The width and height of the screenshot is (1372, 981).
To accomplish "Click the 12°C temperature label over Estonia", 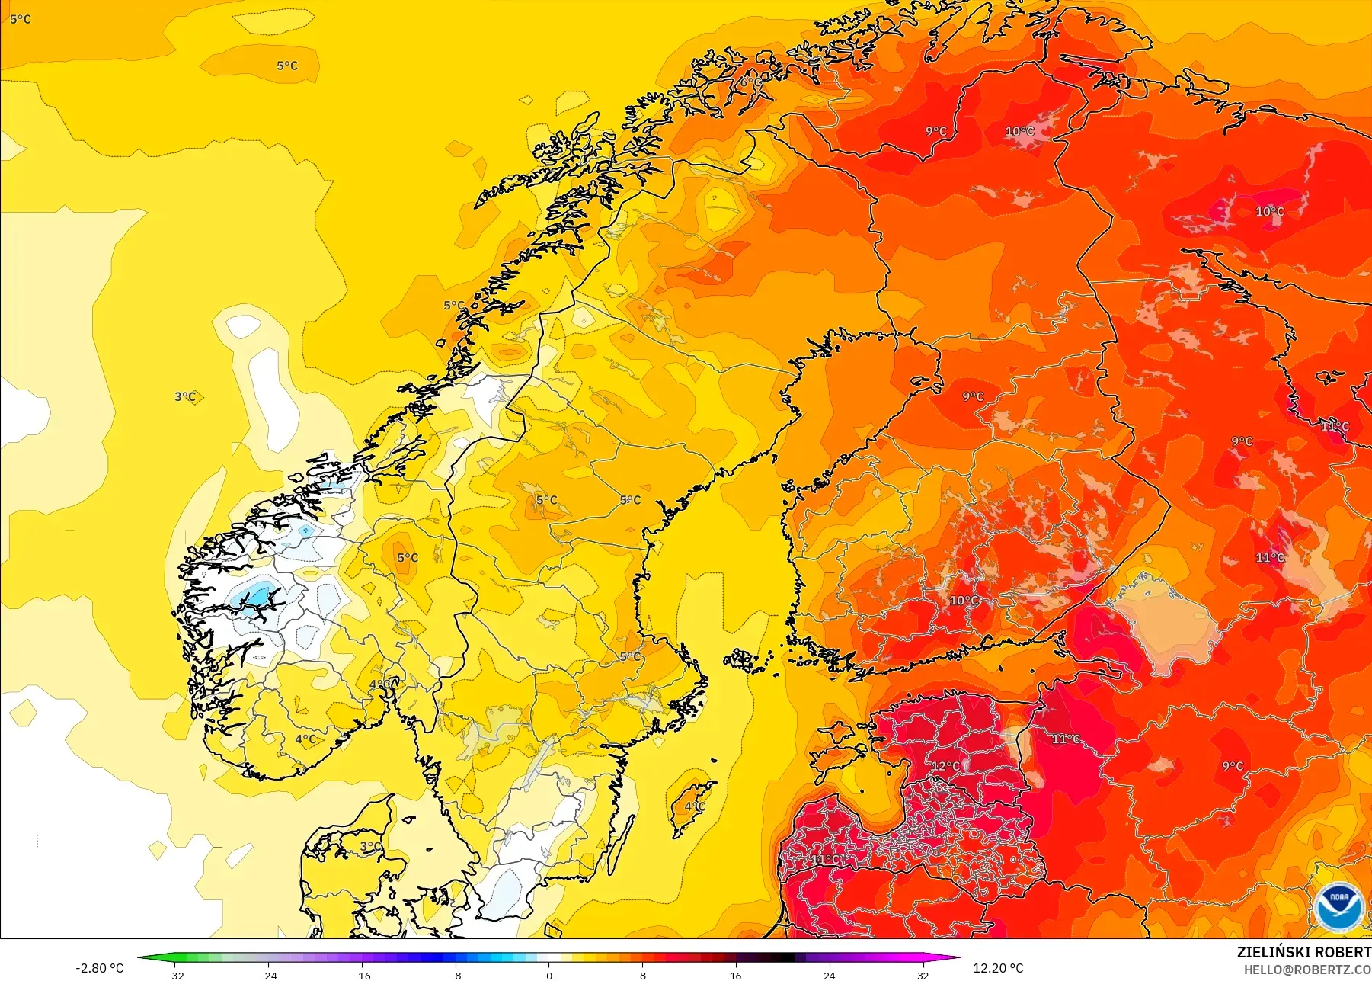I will point(945,765).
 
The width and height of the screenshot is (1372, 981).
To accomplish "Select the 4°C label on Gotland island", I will point(694,806).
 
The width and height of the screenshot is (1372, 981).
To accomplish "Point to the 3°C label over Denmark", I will point(370,846).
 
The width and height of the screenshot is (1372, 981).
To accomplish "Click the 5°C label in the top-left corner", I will point(21,19).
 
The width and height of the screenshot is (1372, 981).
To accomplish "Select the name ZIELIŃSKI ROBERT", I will point(1303,952).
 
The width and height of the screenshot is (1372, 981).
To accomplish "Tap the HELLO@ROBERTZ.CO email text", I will point(1307,970).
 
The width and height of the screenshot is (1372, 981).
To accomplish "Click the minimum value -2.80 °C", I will point(99,968).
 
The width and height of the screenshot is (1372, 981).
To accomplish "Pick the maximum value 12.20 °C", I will point(998,968).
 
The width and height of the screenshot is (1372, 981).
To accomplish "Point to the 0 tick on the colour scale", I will point(549,976).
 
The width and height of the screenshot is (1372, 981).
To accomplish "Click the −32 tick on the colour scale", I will point(176,976).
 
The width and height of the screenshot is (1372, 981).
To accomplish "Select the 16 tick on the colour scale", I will point(736,976).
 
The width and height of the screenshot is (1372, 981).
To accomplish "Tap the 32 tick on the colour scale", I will point(923,976).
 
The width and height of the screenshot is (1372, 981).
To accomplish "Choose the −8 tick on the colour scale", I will point(456,976).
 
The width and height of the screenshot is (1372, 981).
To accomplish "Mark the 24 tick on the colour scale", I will point(829,976).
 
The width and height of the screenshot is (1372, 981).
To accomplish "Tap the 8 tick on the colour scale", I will point(642,976).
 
